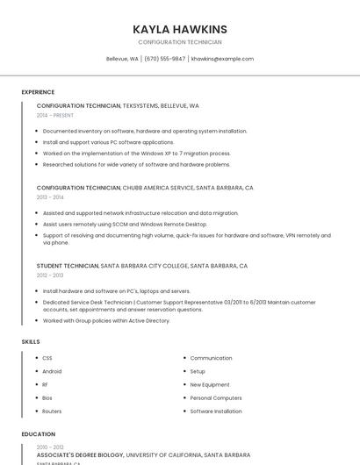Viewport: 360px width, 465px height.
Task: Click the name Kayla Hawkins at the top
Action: (179, 29)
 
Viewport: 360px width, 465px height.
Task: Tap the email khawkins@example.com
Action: (222, 59)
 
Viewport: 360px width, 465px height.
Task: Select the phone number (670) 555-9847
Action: (164, 59)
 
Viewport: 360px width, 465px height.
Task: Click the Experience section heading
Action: (38, 92)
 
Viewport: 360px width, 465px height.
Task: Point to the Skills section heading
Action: (30, 341)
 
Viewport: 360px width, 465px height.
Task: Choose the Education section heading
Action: (38, 434)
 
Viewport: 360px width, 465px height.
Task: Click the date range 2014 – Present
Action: (55, 115)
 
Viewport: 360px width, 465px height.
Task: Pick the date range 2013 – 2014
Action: (50, 197)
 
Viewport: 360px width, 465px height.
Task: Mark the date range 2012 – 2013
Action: (50, 275)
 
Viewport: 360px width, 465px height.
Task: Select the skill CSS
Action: (47, 358)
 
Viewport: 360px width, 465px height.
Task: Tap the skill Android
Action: (52, 371)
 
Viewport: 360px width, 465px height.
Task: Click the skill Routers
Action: (52, 411)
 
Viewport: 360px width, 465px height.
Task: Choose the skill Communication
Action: (211, 358)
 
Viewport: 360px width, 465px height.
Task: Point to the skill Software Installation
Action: (216, 411)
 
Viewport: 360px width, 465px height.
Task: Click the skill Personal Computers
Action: (216, 397)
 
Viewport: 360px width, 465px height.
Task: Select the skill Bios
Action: (47, 397)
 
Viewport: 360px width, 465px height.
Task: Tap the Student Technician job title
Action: (68, 266)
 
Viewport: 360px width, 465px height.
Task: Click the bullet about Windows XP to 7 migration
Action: (136, 154)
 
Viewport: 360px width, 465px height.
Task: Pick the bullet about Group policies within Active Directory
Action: (106, 320)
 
